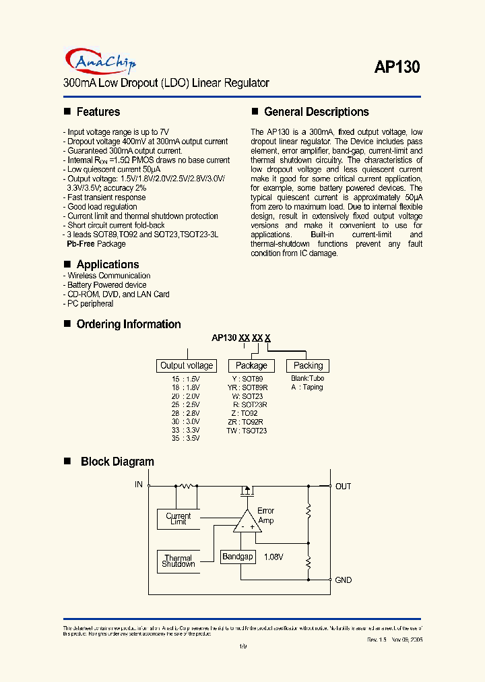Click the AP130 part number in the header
click(x=397, y=67)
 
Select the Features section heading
click(x=98, y=112)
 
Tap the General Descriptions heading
click(x=316, y=112)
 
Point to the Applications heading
click(x=107, y=264)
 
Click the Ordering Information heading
click(x=128, y=324)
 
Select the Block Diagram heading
click(x=117, y=462)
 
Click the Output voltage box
click(x=187, y=365)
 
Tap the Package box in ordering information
click(x=251, y=365)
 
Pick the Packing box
click(x=309, y=365)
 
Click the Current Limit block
click(x=179, y=519)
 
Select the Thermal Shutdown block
click(x=179, y=561)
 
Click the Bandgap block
click(x=238, y=557)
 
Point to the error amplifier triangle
click(x=247, y=522)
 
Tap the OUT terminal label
click(x=343, y=486)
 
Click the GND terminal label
click(x=343, y=580)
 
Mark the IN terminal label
click(x=139, y=485)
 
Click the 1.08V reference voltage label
click(x=273, y=557)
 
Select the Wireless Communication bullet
click(x=108, y=276)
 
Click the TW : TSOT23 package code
click(x=247, y=431)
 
